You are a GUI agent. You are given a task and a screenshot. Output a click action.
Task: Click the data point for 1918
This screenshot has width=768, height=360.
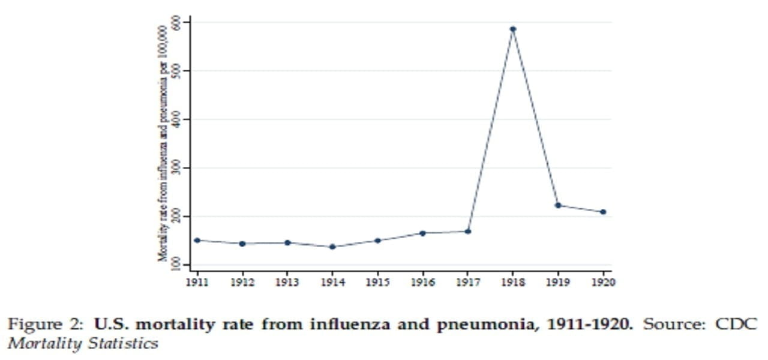[513, 29]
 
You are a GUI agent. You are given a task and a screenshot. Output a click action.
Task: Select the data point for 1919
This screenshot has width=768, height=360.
[558, 205]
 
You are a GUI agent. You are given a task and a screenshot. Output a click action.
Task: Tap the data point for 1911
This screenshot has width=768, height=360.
[197, 240]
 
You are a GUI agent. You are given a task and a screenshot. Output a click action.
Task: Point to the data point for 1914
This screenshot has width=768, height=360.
[332, 247]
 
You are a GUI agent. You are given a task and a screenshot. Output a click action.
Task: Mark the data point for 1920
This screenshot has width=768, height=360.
[603, 212]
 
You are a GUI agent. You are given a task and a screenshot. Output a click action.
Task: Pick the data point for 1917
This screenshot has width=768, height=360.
[468, 231]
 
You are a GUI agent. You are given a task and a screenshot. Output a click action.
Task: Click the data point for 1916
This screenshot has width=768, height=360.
[422, 233]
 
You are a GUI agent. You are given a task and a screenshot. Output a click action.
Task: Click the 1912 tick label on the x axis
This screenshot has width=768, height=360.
[242, 281]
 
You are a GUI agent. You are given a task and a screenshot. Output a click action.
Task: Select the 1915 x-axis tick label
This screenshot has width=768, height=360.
[377, 281]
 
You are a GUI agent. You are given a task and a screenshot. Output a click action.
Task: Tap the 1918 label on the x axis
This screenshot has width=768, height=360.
[513, 281]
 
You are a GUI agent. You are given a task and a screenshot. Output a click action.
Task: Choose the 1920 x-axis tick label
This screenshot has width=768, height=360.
[603, 281]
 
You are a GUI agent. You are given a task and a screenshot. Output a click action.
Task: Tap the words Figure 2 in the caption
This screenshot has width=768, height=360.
[44, 325]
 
